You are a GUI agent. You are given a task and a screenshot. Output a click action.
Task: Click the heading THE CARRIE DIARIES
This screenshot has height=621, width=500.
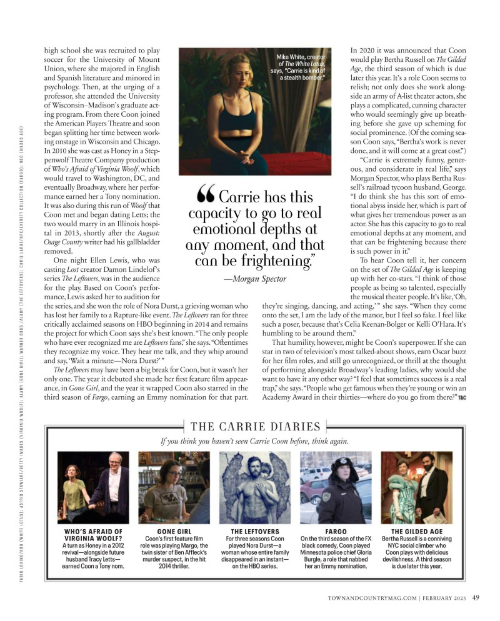coord(255,427)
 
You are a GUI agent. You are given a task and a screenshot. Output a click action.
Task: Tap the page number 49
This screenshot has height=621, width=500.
coord(476,597)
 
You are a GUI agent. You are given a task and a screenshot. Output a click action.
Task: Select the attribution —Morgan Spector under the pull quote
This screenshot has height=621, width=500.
coord(255,279)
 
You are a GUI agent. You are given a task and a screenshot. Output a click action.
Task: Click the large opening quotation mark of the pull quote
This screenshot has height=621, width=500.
coord(206,197)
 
